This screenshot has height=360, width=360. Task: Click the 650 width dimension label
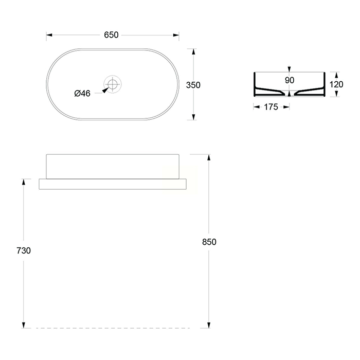click(111, 35)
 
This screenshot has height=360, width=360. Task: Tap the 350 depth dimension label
click(193, 85)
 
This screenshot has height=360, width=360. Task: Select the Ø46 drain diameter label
click(82, 93)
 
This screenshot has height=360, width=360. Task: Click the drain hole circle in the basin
click(113, 84)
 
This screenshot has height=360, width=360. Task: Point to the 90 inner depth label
click(290, 80)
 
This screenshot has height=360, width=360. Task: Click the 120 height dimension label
click(336, 84)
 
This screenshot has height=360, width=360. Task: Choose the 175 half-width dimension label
click(271, 107)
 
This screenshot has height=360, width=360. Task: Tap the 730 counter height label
click(24, 250)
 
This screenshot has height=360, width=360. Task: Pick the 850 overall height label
click(209, 242)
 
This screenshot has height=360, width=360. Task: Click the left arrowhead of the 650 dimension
click(49, 35)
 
